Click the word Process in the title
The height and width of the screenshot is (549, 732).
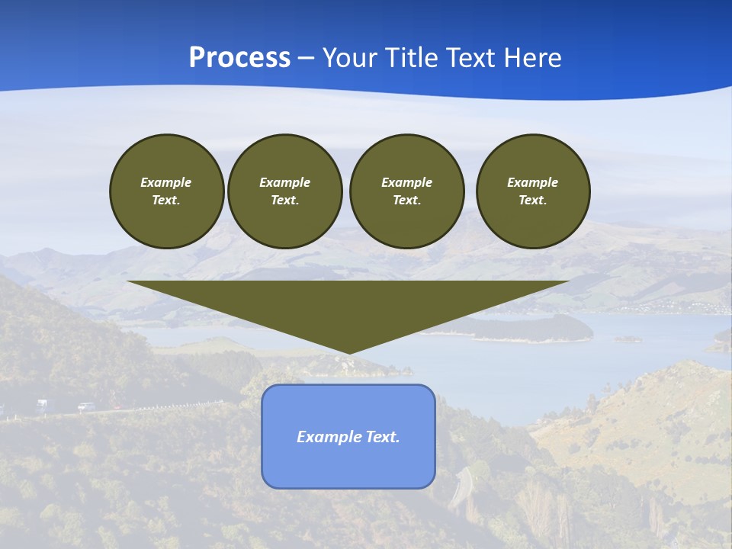pyautogui.click(x=239, y=58)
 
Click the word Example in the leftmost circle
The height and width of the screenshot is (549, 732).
pyautogui.click(x=166, y=182)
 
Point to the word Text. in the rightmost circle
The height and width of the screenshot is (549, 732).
pyautogui.click(x=533, y=201)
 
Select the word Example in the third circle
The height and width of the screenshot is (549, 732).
pyautogui.click(x=406, y=182)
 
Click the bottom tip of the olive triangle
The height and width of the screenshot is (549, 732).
pyautogui.click(x=348, y=352)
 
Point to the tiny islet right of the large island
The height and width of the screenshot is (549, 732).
pyautogui.click(x=628, y=339)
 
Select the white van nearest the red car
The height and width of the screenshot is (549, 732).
pyautogui.click(x=86, y=406)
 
